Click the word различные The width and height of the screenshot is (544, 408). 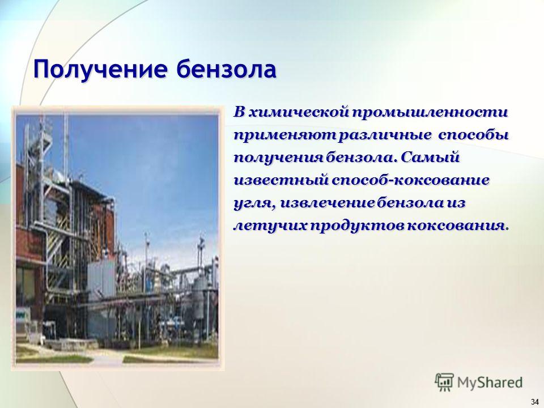click(384, 135)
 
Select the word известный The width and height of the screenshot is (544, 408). click(282, 180)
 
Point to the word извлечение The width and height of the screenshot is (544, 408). click(327, 203)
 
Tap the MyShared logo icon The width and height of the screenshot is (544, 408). click(444, 382)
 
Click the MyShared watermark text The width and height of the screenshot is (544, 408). click(490, 382)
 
